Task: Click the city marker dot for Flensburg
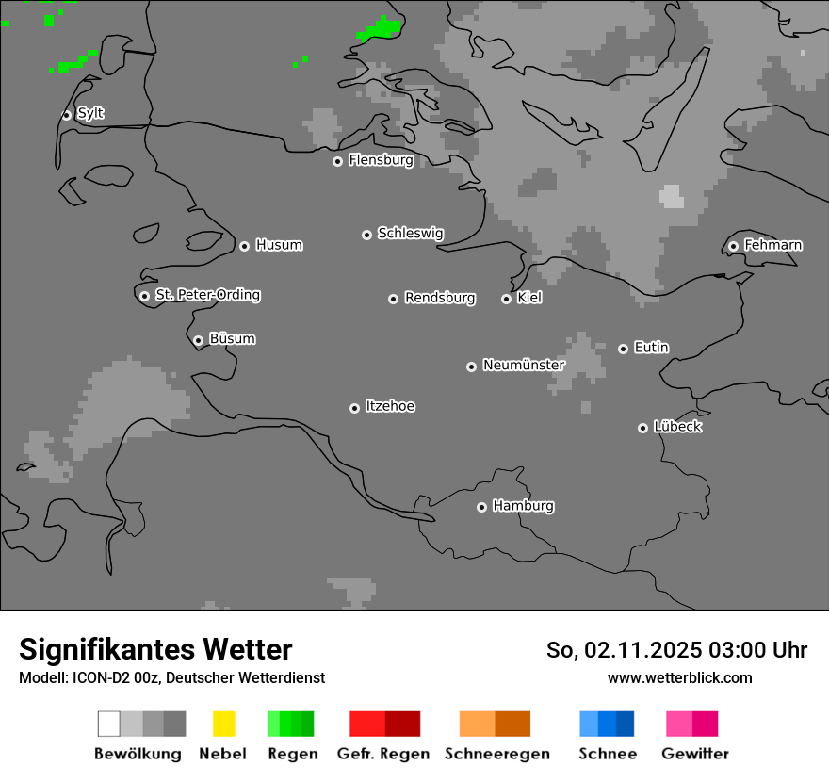pos(337,161)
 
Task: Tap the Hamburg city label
pos(523,506)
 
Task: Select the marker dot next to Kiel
pos(506,299)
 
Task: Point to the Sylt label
pos(90,113)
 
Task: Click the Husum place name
pos(279,245)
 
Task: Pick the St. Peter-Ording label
pos(207,295)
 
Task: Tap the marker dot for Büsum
pos(198,340)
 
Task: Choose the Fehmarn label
pos(772,245)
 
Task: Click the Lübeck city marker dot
pos(642,428)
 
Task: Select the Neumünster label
pos(524,365)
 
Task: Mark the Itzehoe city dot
pos(354,408)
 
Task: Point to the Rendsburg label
pos(440,298)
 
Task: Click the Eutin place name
pos(651,348)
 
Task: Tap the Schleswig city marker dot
pos(366,235)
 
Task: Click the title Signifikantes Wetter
pos(155,649)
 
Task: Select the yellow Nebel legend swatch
pos(223,724)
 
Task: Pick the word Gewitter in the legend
pos(695,754)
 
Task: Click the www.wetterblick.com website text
pos(679,677)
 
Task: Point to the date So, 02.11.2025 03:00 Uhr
pos(676,650)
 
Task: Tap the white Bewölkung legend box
pos(109,724)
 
